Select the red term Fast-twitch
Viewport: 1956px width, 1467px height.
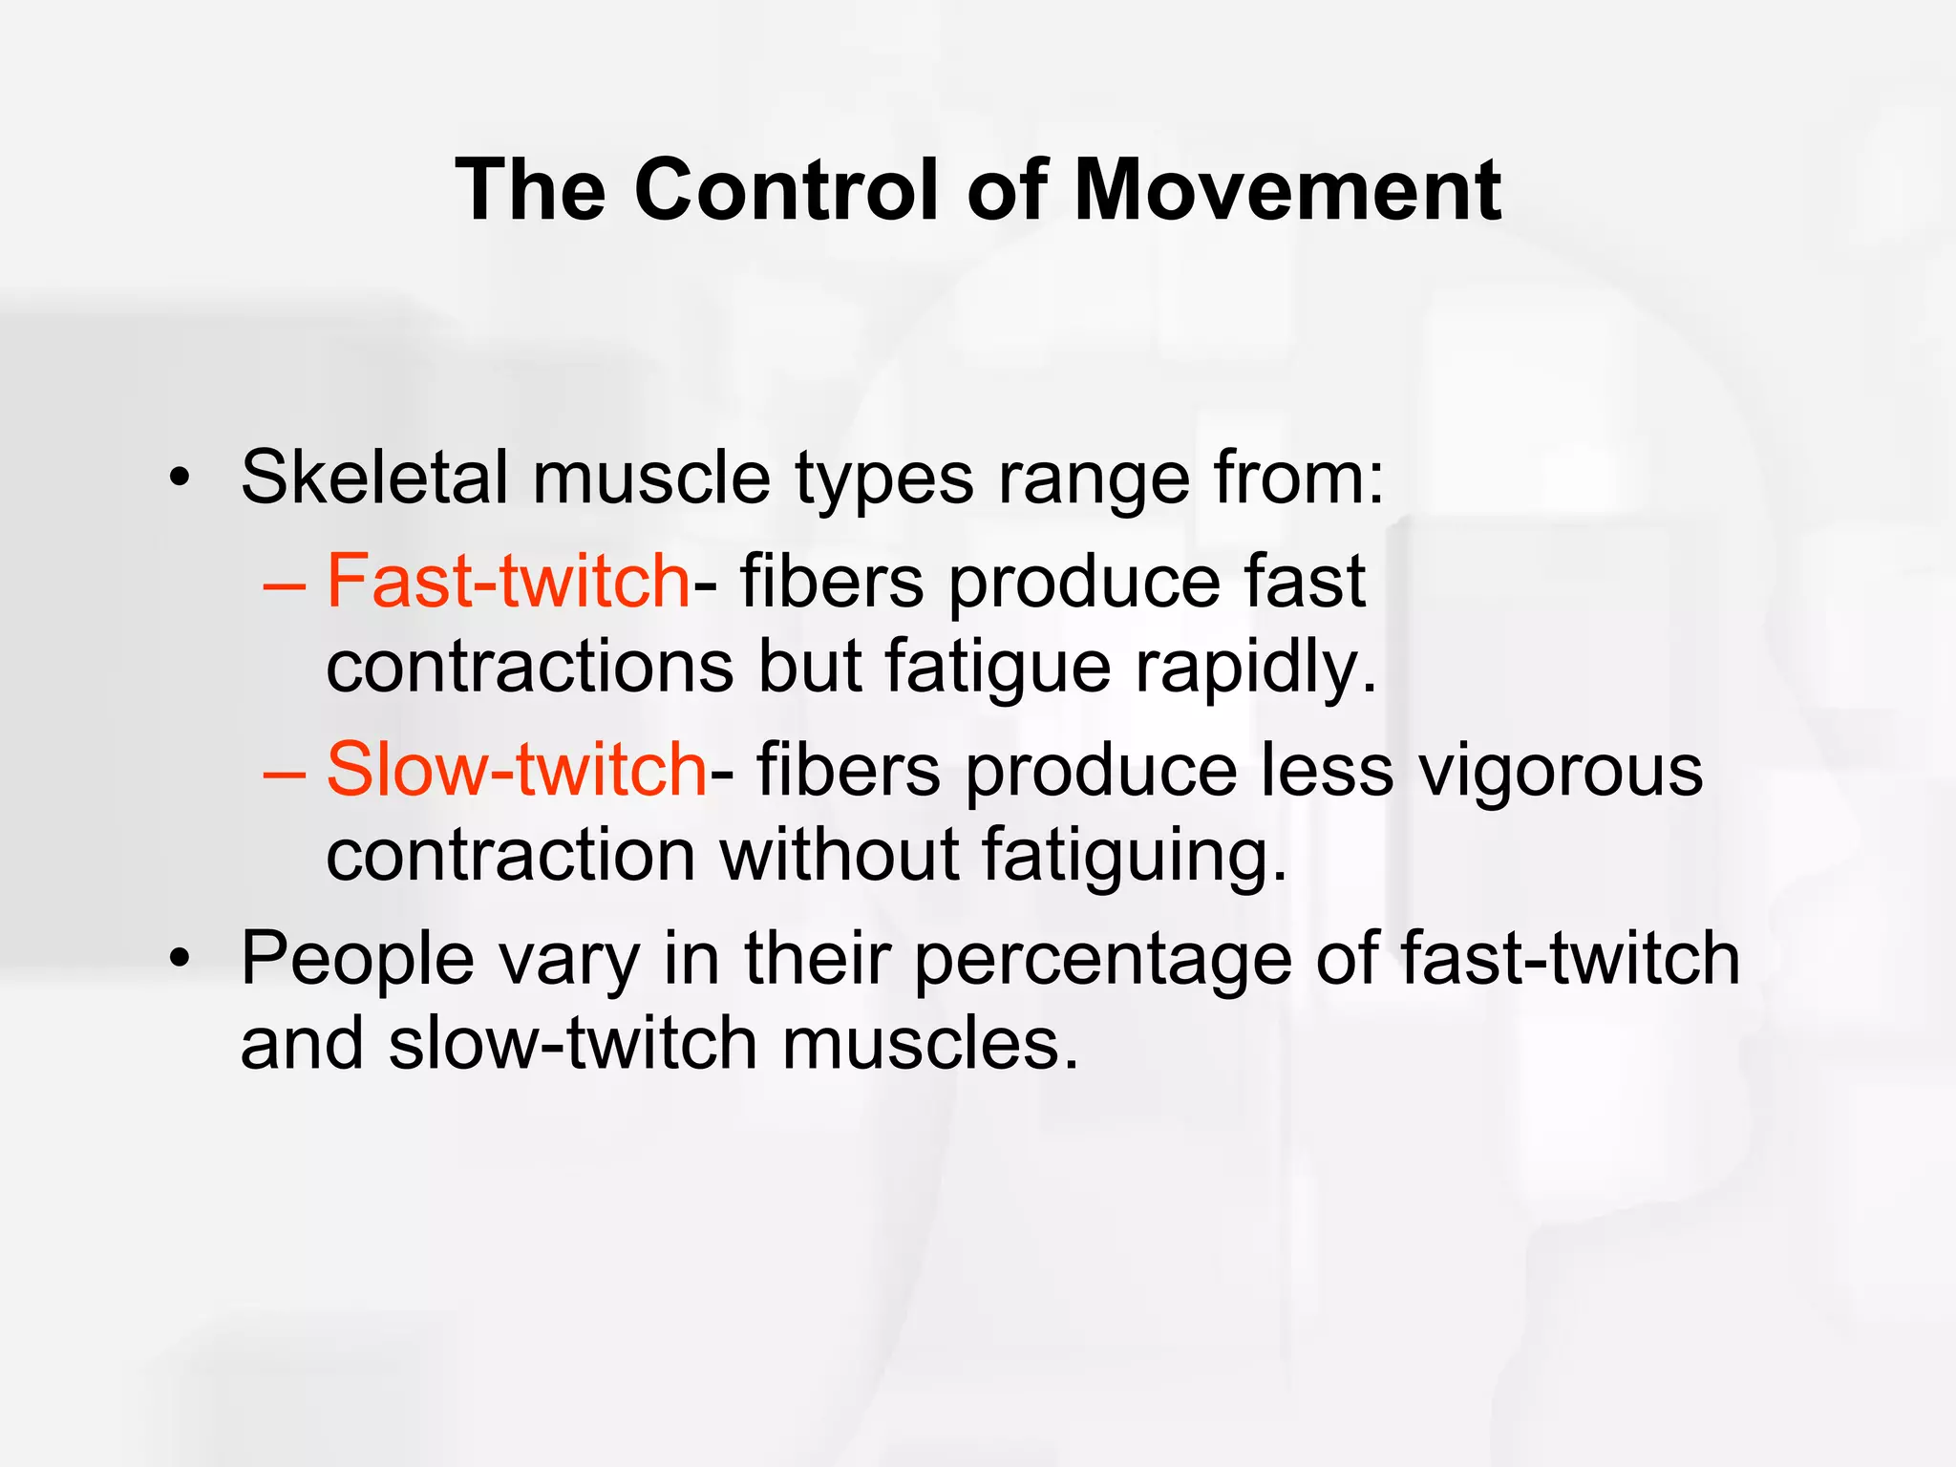point(508,581)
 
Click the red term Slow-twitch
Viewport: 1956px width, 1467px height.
point(517,769)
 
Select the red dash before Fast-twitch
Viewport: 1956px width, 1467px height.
point(285,583)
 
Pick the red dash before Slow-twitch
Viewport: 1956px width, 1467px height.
point(285,771)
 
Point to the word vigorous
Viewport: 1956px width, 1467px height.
point(1561,769)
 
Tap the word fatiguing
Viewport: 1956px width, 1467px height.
point(1135,855)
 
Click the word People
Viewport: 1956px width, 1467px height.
point(357,958)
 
